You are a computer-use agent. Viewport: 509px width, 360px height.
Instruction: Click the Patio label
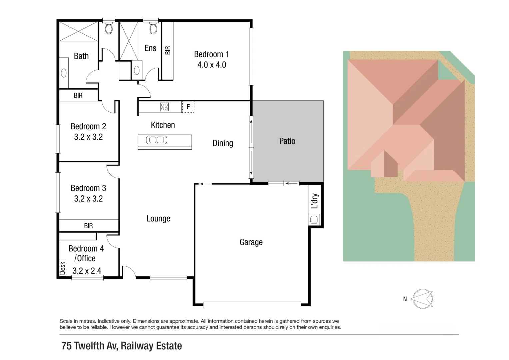click(x=287, y=141)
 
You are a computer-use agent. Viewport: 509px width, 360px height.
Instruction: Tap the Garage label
click(x=251, y=242)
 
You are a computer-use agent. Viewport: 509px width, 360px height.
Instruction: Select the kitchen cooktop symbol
click(x=164, y=107)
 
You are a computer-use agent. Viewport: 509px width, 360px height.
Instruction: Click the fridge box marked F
click(x=188, y=107)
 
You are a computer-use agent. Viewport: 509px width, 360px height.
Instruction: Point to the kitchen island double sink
click(x=157, y=140)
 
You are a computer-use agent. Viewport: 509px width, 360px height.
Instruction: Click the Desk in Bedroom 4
click(x=62, y=268)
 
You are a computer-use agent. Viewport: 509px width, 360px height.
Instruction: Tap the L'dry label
click(x=314, y=201)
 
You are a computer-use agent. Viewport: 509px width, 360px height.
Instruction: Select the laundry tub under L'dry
click(x=314, y=220)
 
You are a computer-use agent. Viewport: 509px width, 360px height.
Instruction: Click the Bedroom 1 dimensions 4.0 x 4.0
click(x=212, y=65)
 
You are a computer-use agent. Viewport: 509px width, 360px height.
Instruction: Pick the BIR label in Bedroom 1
click(x=168, y=50)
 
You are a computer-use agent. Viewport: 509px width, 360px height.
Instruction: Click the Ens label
click(x=150, y=48)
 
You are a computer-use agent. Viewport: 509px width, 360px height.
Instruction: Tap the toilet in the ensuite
click(x=153, y=29)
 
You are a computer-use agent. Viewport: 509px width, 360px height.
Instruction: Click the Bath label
click(x=81, y=56)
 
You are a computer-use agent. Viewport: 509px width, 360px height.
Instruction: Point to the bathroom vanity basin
click(x=64, y=73)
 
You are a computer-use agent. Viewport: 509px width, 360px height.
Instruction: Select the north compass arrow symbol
click(x=422, y=299)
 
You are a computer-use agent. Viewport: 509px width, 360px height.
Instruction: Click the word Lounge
click(x=158, y=219)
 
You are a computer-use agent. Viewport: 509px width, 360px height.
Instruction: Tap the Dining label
click(x=223, y=143)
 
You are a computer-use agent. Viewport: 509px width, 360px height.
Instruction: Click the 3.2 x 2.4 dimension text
click(x=87, y=271)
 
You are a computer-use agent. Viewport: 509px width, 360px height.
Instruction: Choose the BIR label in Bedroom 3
click(x=88, y=226)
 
